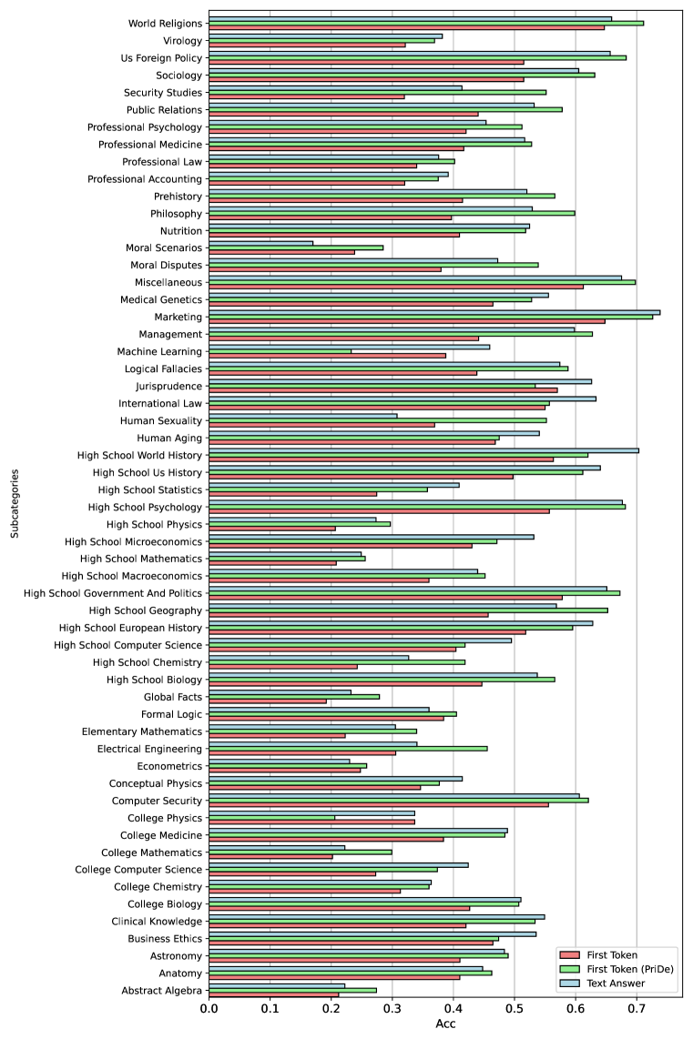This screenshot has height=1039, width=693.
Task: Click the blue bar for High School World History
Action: pos(423,449)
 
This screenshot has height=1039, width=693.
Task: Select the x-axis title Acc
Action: pos(445,1026)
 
